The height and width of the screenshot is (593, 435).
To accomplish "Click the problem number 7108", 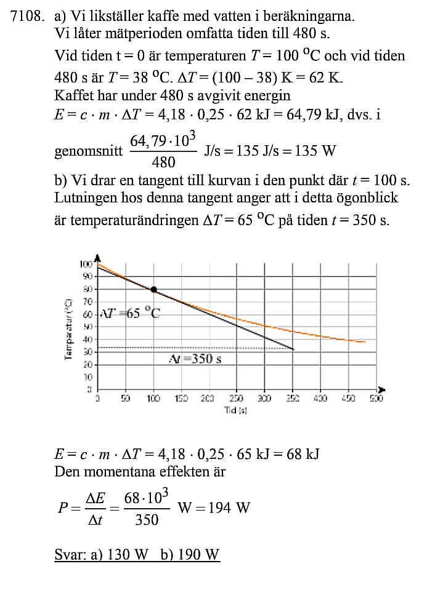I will point(27,17).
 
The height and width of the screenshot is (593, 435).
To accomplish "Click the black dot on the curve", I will point(153,289).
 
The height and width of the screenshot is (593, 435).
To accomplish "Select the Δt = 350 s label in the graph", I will point(195,359).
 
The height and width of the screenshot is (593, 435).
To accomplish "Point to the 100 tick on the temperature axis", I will point(86,264).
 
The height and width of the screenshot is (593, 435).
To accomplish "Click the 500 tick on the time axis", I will point(376,399).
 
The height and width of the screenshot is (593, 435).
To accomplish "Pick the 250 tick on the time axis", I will point(236,399).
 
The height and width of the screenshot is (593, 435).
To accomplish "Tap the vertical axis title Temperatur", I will point(68,329).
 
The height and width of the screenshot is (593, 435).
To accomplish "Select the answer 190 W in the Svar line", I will point(198,555).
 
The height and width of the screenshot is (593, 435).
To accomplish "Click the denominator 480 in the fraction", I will point(163,162).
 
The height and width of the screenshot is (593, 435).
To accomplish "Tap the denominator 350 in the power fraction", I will point(147,520).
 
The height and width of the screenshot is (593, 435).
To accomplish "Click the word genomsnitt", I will point(88,151).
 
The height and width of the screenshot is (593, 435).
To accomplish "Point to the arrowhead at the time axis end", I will point(381,389).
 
